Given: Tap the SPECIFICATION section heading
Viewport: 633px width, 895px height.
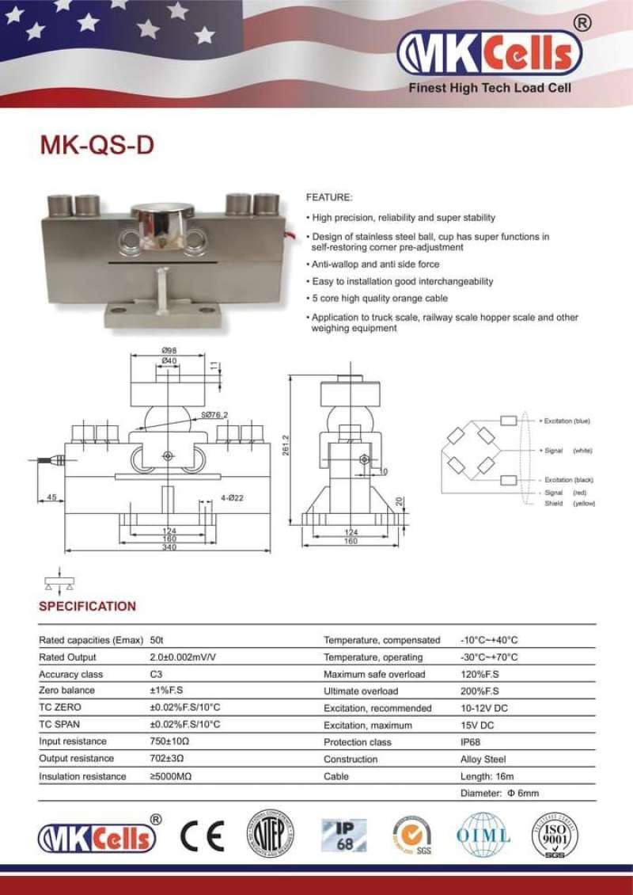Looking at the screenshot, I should [x=87, y=606].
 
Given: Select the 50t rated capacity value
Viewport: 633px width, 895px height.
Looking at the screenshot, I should [x=157, y=640].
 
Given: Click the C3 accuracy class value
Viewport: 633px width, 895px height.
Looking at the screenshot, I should [x=156, y=675].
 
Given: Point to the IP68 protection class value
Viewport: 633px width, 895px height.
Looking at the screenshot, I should [x=471, y=742].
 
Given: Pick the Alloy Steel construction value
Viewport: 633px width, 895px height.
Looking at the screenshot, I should [x=483, y=760].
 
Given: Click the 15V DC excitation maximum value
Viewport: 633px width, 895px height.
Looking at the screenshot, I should [x=476, y=725].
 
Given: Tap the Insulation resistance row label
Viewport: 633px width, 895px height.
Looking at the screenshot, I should [x=82, y=777].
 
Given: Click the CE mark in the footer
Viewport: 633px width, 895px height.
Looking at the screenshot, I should [x=202, y=836].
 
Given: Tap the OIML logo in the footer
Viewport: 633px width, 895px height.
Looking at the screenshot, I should [x=483, y=836].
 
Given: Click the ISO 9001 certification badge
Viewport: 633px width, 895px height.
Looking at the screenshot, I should [x=554, y=836].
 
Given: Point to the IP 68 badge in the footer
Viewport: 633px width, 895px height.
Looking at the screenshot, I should [x=343, y=835].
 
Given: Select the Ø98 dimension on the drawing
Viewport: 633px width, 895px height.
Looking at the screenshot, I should [x=168, y=350].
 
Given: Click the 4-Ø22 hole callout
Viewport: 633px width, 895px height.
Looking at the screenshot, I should [x=210, y=497].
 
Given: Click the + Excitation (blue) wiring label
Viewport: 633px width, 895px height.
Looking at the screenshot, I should [x=566, y=421].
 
